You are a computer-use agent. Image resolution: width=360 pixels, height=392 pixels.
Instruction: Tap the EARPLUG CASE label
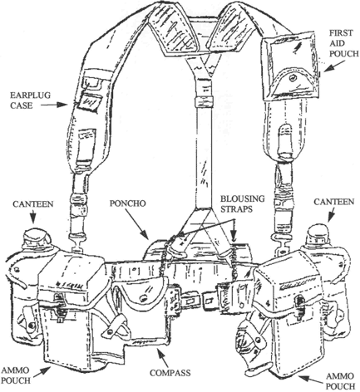(31, 100)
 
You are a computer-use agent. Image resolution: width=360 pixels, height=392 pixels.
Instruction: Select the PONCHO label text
(127, 203)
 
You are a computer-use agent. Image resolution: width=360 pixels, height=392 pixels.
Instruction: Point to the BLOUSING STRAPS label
(242, 203)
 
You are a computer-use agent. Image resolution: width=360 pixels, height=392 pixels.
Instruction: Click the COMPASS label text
(170, 373)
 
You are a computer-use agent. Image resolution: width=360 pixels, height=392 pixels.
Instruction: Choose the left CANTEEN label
(33, 204)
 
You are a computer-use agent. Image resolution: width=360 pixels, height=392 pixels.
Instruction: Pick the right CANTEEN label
(333, 202)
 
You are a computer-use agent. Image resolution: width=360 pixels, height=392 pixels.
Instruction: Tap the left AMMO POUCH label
(16, 375)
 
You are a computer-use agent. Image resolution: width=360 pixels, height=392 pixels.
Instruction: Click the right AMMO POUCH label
(340, 380)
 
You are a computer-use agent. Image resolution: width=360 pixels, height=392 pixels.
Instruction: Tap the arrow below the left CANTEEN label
(33, 217)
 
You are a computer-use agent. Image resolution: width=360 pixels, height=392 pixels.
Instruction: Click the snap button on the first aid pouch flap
(292, 79)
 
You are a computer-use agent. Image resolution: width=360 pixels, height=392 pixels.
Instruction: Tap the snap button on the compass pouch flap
(144, 298)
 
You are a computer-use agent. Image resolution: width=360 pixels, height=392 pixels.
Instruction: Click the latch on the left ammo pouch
(59, 306)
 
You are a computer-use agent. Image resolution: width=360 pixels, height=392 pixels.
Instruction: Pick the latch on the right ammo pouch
(299, 306)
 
